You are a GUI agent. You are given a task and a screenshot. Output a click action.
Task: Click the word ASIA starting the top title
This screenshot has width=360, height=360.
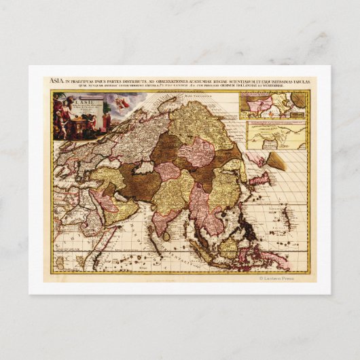[x=57, y=81]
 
